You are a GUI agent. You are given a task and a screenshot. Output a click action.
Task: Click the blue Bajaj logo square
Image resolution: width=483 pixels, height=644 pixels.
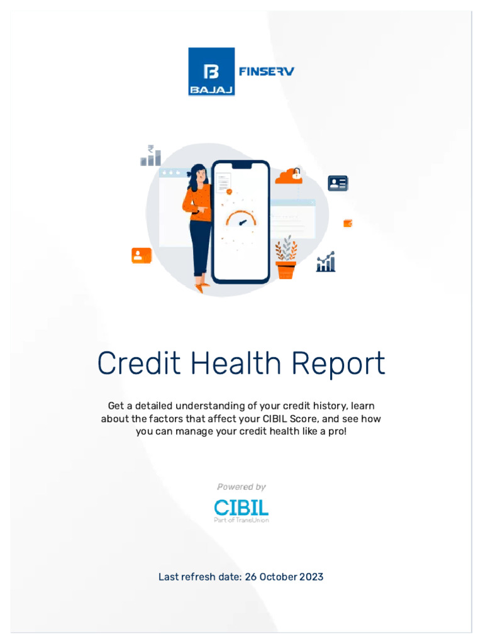[x=211, y=72]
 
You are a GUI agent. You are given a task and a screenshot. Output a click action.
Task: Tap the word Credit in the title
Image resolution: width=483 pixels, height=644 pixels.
[x=138, y=364]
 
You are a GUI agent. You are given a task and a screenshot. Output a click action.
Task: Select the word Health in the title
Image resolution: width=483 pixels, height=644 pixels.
[x=241, y=364]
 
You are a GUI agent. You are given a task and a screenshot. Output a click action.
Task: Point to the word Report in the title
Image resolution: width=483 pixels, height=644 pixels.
[x=342, y=364]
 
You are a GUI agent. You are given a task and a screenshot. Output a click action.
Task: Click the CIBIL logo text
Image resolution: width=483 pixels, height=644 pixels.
[x=241, y=508]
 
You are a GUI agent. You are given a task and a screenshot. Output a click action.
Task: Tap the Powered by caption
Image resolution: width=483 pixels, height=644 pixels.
[x=241, y=487]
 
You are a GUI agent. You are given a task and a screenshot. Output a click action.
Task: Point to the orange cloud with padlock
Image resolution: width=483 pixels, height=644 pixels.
[x=289, y=176]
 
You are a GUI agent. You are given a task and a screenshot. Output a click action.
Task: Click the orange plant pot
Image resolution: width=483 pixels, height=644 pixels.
[x=286, y=270]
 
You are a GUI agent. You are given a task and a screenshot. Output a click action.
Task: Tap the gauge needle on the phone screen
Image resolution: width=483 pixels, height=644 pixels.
[x=241, y=223]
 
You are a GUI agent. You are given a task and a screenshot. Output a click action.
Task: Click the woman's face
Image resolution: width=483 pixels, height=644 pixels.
[x=200, y=176]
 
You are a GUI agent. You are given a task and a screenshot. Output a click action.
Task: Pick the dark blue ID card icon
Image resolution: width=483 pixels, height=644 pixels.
[x=338, y=184]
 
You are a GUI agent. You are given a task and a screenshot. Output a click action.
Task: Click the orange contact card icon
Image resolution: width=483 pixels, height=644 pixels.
[x=142, y=255]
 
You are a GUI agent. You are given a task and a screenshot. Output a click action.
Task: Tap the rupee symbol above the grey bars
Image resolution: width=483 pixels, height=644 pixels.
[x=151, y=149]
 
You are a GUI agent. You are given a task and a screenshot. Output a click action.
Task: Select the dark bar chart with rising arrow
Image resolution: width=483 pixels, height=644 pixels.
[x=326, y=262]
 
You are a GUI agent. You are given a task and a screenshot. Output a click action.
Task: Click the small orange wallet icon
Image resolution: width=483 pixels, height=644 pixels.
[x=348, y=223]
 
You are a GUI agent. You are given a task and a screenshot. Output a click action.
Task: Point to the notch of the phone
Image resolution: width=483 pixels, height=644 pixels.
[x=241, y=165]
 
